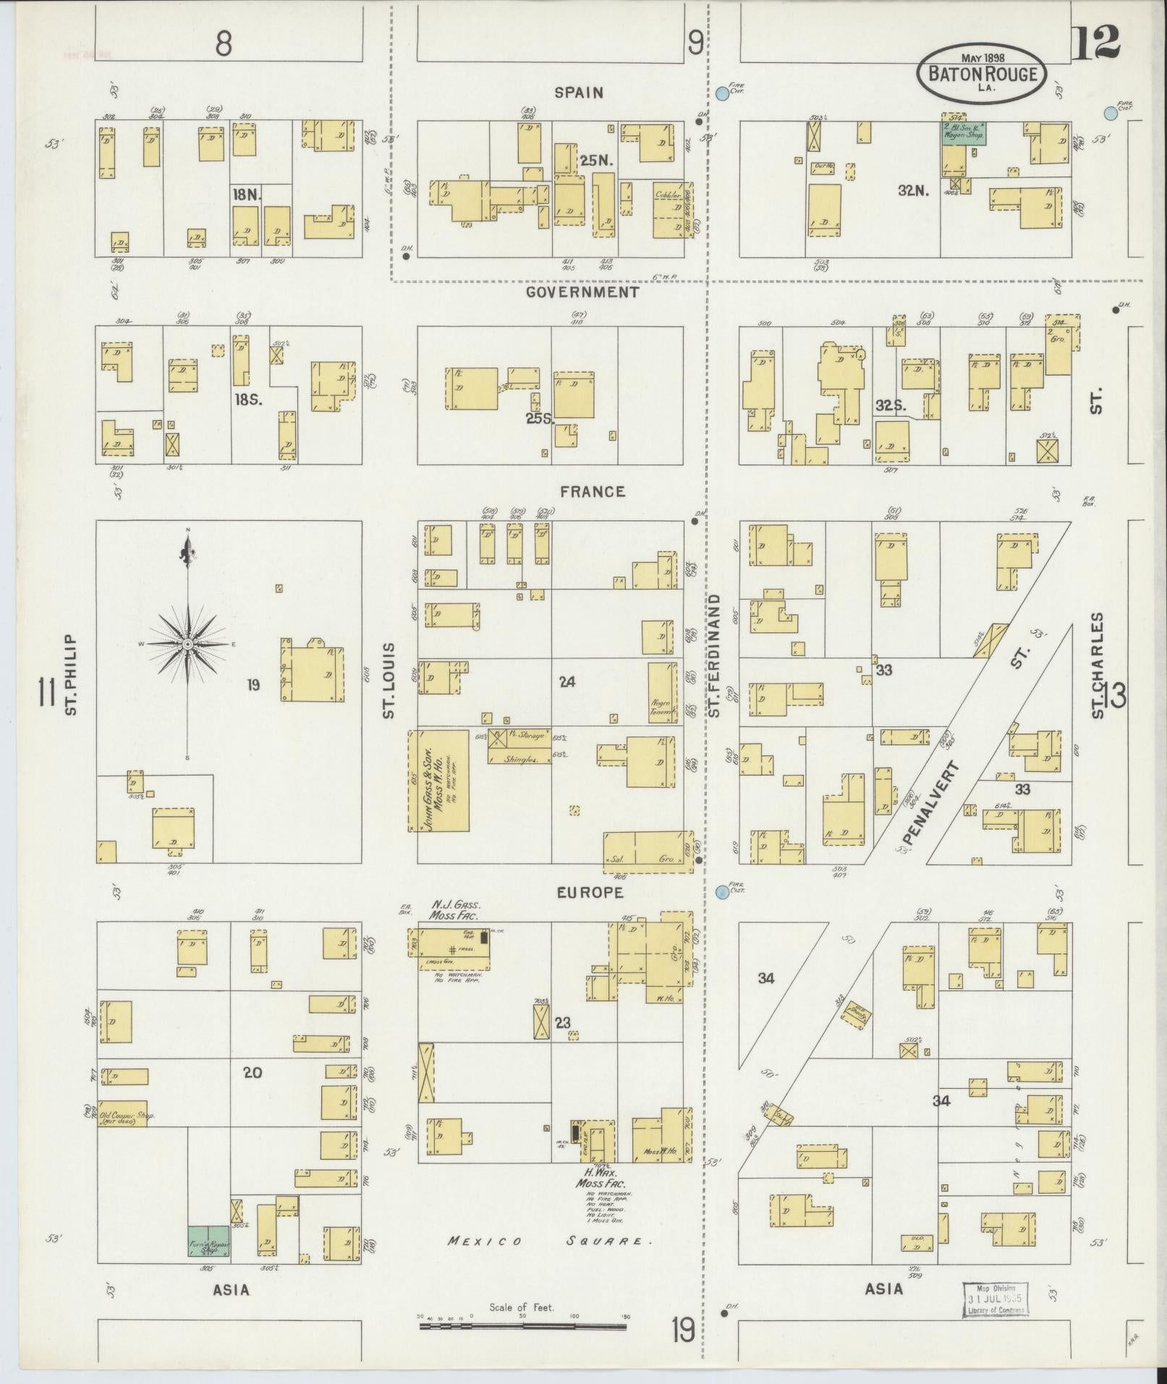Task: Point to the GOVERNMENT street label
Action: click(582, 292)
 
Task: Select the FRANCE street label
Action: click(592, 492)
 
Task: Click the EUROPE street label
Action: click(590, 893)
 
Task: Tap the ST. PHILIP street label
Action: click(70, 675)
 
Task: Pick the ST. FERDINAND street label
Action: click(715, 656)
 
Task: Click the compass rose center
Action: click(187, 644)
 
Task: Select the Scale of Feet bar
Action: click(523, 1326)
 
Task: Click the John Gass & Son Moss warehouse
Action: click(438, 781)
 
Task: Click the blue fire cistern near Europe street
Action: click(721, 893)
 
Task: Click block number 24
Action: click(566, 682)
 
